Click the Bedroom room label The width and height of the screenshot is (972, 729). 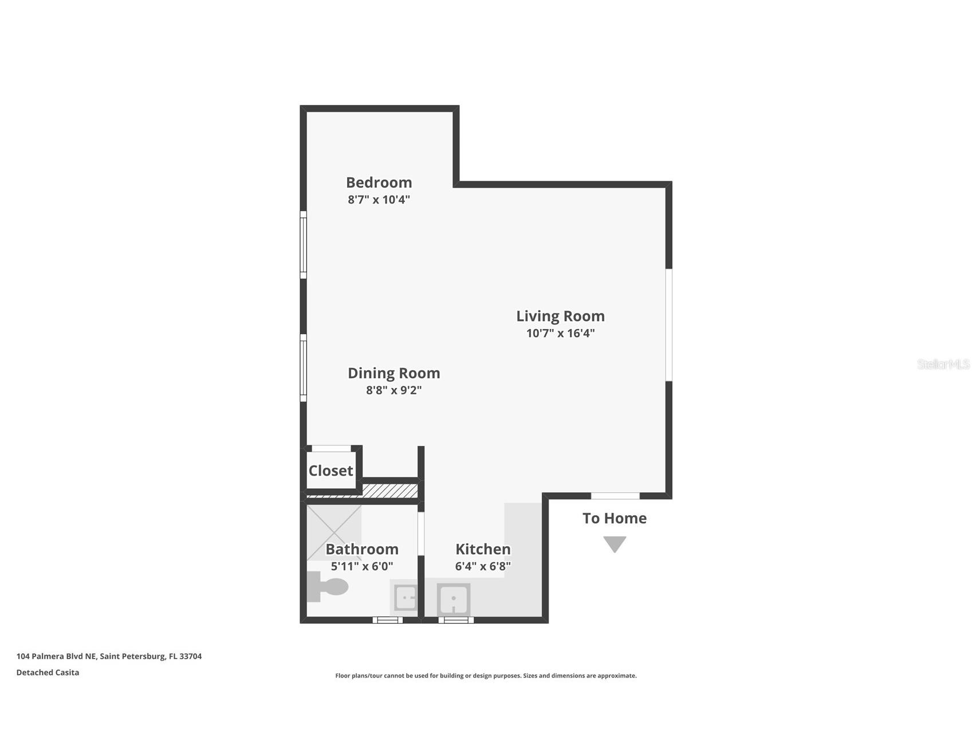[379, 182]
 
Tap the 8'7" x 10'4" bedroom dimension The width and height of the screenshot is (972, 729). [379, 200]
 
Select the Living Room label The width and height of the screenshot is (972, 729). [560, 316]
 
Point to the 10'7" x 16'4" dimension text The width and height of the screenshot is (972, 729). [560, 333]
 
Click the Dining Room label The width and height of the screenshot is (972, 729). [393, 373]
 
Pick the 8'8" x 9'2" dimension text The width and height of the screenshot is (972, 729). [393, 390]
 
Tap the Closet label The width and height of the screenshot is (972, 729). [330, 471]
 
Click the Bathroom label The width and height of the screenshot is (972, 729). [362, 549]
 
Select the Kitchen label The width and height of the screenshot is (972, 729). [483, 549]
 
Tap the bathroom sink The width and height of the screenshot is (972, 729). [406, 598]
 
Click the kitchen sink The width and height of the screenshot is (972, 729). [454, 599]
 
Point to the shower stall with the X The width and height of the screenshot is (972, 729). [334, 532]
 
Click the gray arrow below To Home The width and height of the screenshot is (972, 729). [614, 543]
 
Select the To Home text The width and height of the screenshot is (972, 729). [614, 518]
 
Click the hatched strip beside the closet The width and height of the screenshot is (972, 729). [389, 491]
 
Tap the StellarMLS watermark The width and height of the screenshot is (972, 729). [943, 364]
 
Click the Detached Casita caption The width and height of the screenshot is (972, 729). [48, 672]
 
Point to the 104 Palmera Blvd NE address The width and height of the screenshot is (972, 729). [109, 656]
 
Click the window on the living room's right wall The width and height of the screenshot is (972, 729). [668, 325]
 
